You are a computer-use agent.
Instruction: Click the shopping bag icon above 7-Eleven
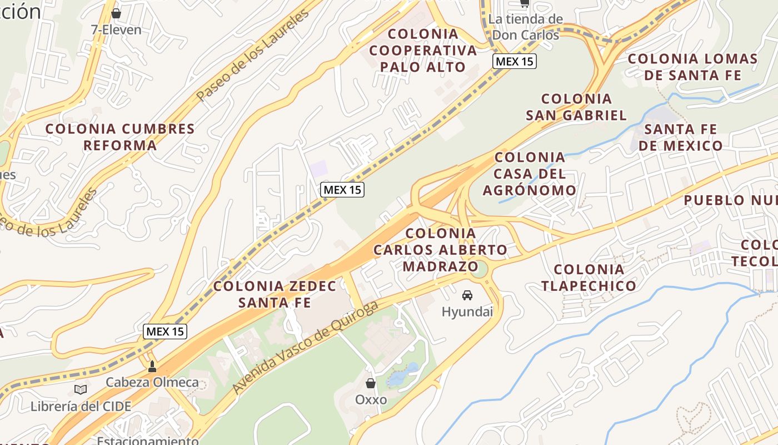[116, 13]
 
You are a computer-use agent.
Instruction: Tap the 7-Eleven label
[116, 29]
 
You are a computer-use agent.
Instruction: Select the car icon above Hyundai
[467, 295]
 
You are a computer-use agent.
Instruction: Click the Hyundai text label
[467, 311]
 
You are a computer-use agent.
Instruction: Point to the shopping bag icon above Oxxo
[371, 383]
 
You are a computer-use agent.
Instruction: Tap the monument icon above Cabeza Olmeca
[152, 367]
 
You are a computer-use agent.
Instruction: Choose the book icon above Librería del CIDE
[81, 389]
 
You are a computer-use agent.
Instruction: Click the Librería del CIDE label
[81, 406]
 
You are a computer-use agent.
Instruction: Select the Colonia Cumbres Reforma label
[120, 137]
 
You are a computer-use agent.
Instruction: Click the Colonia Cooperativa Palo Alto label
[423, 51]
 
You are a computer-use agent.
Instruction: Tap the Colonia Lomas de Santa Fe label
[692, 67]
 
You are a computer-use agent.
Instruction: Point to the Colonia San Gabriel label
[576, 107]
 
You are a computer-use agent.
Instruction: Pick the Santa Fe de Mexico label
[680, 137]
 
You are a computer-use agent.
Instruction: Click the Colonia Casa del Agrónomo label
[530, 174]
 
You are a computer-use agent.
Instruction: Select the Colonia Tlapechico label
[589, 278]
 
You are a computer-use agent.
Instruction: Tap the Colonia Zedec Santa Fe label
[275, 294]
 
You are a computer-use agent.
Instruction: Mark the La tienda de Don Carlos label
[525, 27]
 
